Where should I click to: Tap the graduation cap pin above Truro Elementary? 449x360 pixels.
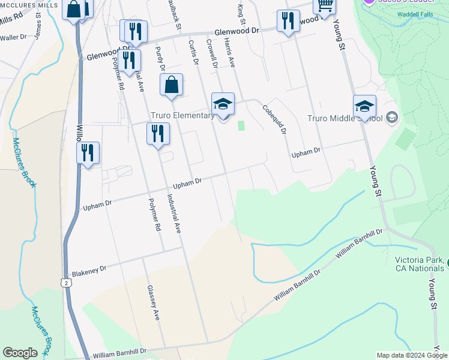(223, 104)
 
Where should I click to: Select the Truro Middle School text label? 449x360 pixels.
(345, 118)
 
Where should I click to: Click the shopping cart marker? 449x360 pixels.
(325, 6)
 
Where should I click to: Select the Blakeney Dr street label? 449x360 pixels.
(89, 271)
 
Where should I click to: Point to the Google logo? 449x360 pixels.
(20, 353)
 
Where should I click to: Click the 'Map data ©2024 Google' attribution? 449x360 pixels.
(412, 355)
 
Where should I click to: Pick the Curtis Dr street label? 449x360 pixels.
(193, 52)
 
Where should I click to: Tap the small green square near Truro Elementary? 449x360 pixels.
(242, 125)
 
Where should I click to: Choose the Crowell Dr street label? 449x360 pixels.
(211, 54)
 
